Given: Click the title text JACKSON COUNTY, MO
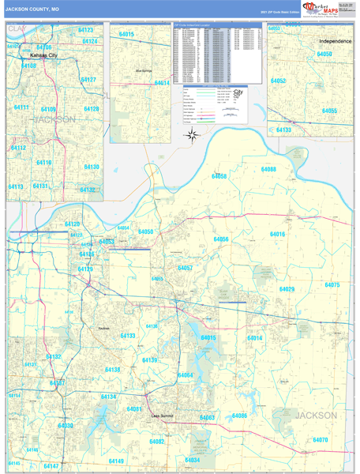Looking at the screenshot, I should click(x=32, y=9).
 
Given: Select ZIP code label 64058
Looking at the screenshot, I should click(x=219, y=176).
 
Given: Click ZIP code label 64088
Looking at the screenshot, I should click(x=268, y=169).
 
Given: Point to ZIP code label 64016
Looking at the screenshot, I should click(x=277, y=235).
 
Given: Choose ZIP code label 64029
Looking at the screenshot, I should click(x=287, y=289).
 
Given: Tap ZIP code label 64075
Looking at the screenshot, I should click(x=332, y=284).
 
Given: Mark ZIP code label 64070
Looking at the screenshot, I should click(x=320, y=439).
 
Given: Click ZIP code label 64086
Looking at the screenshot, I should click(x=239, y=416).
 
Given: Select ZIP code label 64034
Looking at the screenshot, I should click(x=192, y=460).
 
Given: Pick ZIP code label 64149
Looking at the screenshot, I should click(x=116, y=461).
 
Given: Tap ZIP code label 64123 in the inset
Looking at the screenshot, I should click(x=86, y=30).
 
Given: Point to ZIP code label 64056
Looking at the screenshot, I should click(x=221, y=239).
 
